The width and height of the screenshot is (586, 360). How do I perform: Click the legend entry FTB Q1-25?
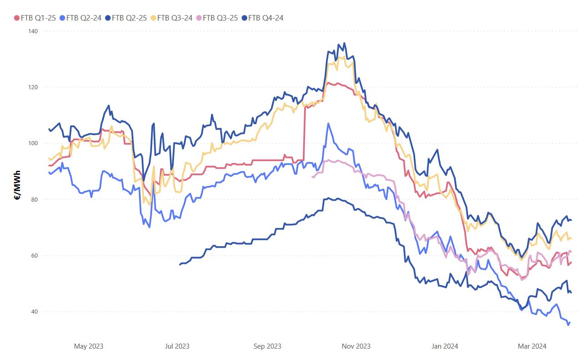tap(36, 18)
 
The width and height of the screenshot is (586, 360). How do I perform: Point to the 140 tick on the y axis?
tap(34, 31)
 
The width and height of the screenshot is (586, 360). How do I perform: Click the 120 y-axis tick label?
tap(34, 87)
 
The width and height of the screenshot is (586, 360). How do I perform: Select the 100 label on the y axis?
tap(34, 143)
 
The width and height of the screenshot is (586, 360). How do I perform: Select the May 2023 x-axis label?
tap(88, 346)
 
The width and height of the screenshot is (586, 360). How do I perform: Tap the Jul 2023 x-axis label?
tap(177, 346)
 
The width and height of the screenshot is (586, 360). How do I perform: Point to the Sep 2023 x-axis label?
tap(267, 346)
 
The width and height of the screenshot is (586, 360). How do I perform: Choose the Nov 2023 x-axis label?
tap(356, 346)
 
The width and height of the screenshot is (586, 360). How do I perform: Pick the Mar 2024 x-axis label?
tap(532, 346)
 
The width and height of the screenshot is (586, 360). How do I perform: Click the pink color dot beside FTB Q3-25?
tap(199, 18)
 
